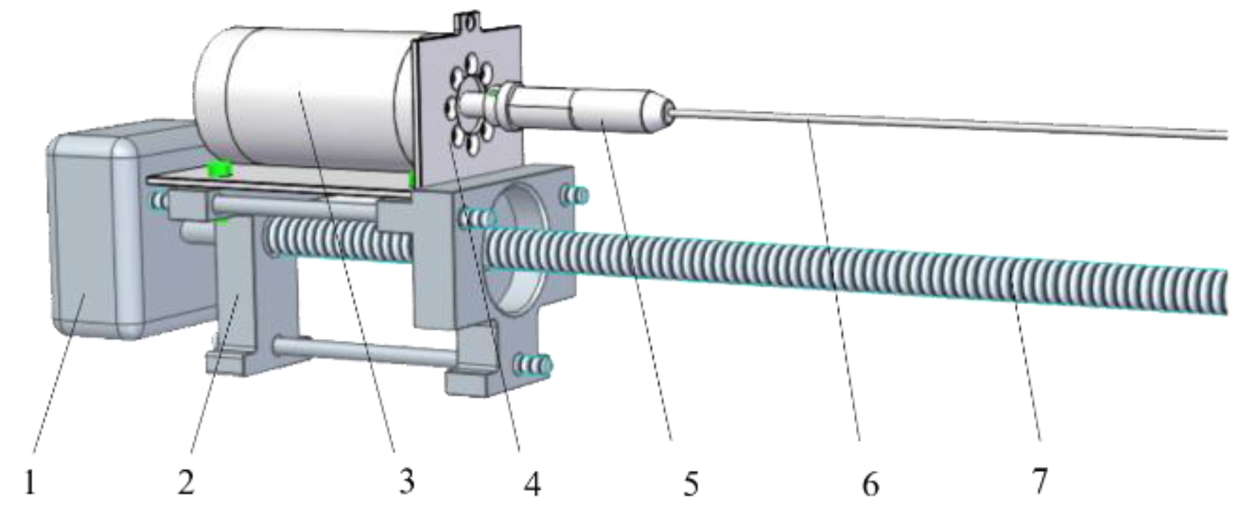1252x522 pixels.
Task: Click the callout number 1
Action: click(30, 482)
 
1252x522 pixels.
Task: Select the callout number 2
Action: click(186, 482)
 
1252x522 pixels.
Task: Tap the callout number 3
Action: click(407, 480)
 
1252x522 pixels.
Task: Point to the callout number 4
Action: click(531, 483)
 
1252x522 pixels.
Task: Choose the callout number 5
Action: click(690, 483)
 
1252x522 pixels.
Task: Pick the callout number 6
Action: click(870, 483)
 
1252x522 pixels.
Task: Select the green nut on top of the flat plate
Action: click(220, 168)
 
